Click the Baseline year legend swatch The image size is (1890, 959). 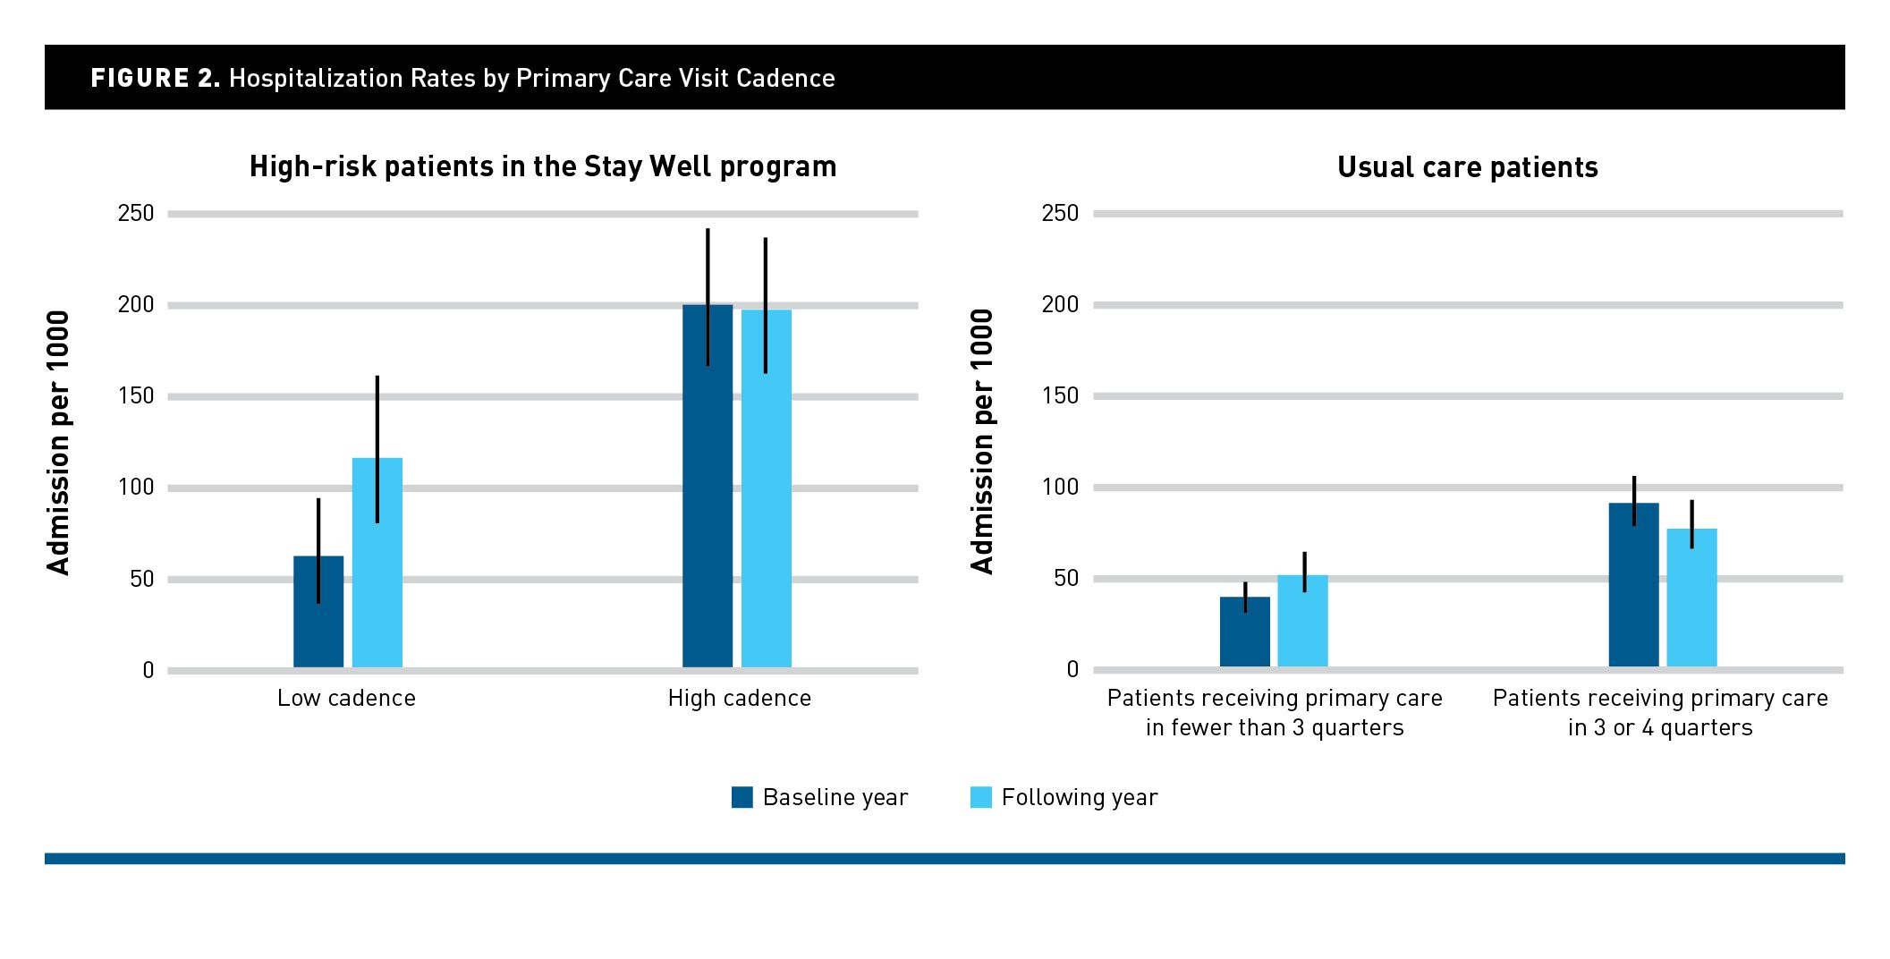tap(742, 797)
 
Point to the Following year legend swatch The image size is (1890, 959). tap(981, 797)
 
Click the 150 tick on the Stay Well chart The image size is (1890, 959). tap(136, 395)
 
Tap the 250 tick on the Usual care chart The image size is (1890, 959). tap(1060, 213)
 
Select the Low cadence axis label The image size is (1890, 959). tap(346, 698)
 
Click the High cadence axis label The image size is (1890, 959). tap(740, 698)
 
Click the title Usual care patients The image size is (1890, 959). tap(1468, 167)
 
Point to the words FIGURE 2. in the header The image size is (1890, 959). tap(155, 78)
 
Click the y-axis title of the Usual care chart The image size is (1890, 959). tap(982, 441)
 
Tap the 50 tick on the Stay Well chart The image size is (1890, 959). tap(142, 579)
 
